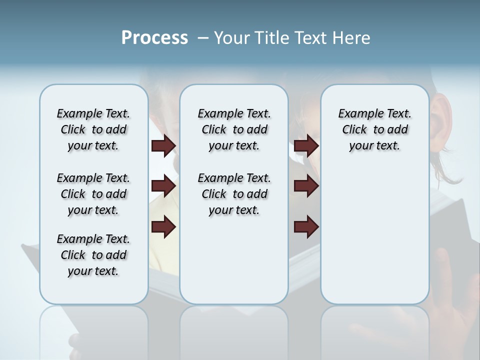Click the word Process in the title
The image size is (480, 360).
(x=154, y=38)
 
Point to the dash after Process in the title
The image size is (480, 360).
(x=203, y=38)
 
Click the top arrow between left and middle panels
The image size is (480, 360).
(x=163, y=146)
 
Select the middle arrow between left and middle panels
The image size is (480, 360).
(x=163, y=186)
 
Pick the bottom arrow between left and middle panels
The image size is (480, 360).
(x=163, y=227)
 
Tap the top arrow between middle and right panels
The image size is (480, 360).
(x=306, y=146)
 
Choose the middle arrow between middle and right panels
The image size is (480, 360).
(x=306, y=186)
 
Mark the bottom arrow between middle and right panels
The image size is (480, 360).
(x=306, y=227)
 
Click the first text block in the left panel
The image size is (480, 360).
(x=93, y=129)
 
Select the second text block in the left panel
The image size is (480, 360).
(x=93, y=194)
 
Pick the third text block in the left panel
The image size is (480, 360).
(x=93, y=255)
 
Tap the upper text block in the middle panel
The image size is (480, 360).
(x=234, y=129)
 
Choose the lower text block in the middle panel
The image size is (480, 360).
(x=234, y=194)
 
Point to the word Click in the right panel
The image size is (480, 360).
(x=354, y=130)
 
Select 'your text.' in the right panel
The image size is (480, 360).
(x=374, y=146)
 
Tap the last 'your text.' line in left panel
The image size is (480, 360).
(x=93, y=271)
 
